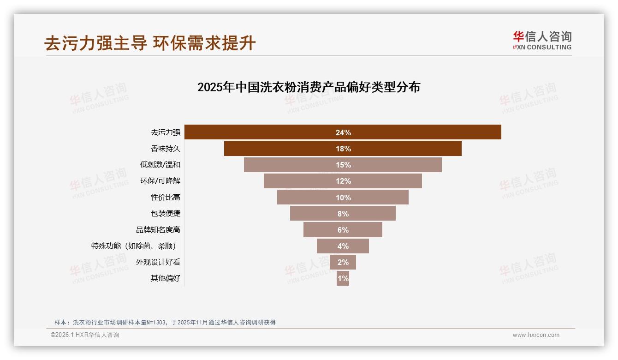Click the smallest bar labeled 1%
pyautogui.click(x=343, y=278)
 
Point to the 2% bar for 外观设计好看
pyautogui.click(x=343, y=262)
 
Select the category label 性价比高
pyautogui.click(x=166, y=197)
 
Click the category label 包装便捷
pyautogui.click(x=166, y=213)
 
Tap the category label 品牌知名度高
pyautogui.click(x=158, y=229)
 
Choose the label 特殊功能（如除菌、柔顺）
pyautogui.click(x=136, y=246)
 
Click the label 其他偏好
pyautogui.click(x=166, y=278)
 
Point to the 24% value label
pyautogui.click(x=343, y=132)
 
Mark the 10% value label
pyautogui.click(x=343, y=198)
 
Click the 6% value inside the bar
pyautogui.click(x=343, y=230)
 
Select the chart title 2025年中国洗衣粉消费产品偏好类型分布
pyautogui.click(x=309, y=87)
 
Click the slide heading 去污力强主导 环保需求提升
pyautogui.click(x=150, y=43)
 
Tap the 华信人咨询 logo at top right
pyautogui.click(x=542, y=41)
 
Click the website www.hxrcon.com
pyautogui.click(x=536, y=335)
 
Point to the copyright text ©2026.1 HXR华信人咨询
pyautogui.click(x=85, y=335)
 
